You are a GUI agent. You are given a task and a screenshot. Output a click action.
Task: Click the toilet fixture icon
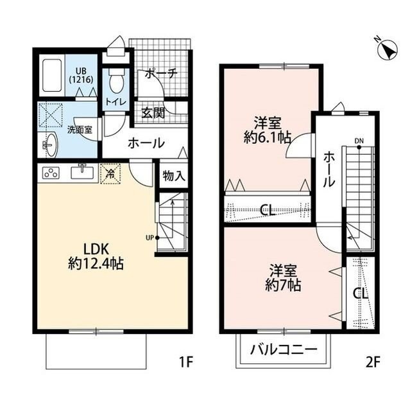[x=116, y=81]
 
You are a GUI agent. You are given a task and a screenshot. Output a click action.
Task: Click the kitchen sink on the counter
[x=82, y=172]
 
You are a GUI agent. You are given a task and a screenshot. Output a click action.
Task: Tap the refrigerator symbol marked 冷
[x=110, y=173]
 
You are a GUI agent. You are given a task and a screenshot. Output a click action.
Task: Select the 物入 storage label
[x=173, y=175]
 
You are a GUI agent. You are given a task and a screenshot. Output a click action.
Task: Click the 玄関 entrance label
[x=153, y=114]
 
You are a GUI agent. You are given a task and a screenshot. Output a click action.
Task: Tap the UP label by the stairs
[x=149, y=238]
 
